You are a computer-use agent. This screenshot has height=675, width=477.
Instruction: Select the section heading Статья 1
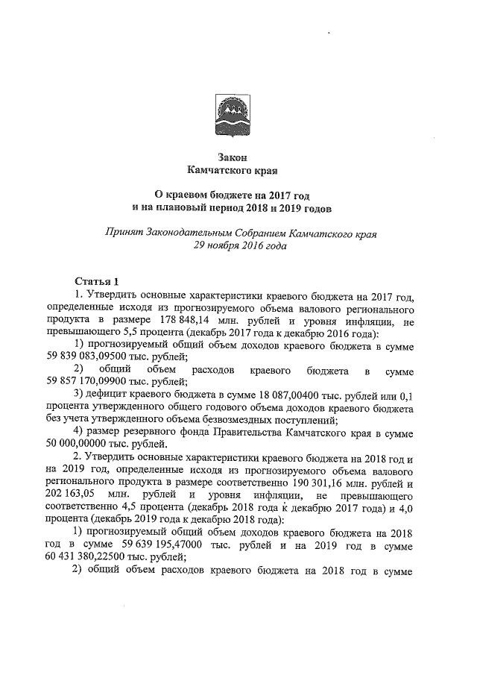97,281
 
